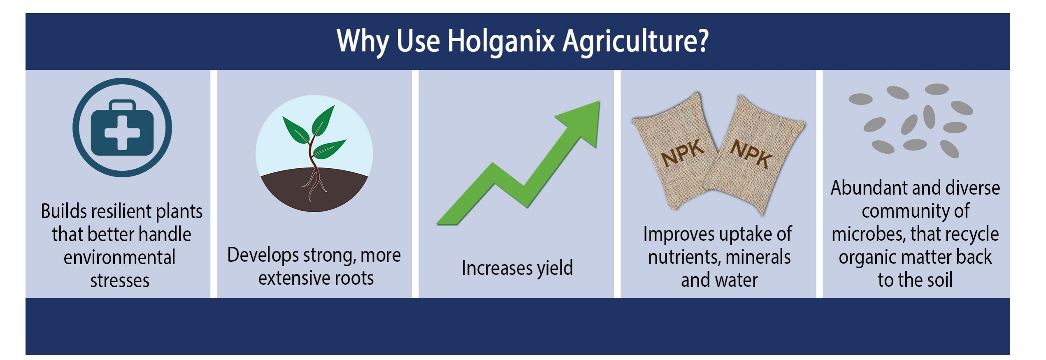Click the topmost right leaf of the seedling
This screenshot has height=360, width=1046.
pyautogui.click(x=323, y=119)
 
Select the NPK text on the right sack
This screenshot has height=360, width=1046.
pyautogui.click(x=751, y=153)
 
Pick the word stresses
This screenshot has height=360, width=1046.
pyautogui.click(x=120, y=281)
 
